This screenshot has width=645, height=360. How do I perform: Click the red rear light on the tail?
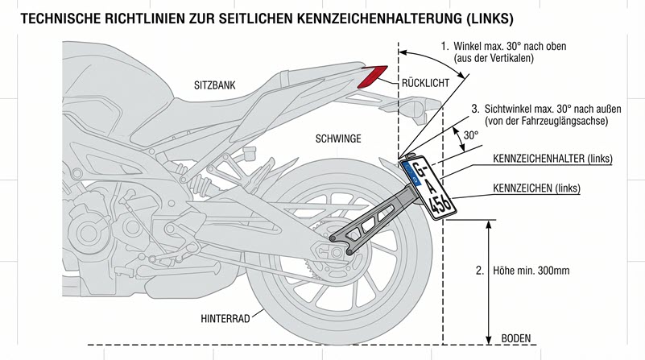tap(372, 77)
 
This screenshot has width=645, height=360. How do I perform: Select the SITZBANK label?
tap(213, 84)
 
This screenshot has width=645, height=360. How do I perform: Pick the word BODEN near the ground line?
tap(517, 337)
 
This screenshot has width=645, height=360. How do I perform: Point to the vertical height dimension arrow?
tap(489, 278)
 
